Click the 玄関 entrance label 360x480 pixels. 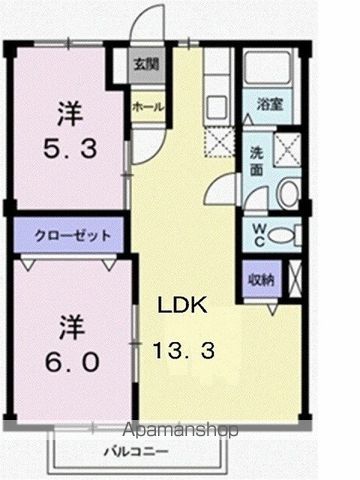click(x=145, y=66)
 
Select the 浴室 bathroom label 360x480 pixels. click(x=268, y=104)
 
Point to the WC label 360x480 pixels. click(x=257, y=234)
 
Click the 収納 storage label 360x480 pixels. click(x=261, y=278)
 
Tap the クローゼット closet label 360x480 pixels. click(x=67, y=236)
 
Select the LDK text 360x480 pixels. click(x=181, y=307)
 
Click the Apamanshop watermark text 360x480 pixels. click(x=181, y=430)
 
